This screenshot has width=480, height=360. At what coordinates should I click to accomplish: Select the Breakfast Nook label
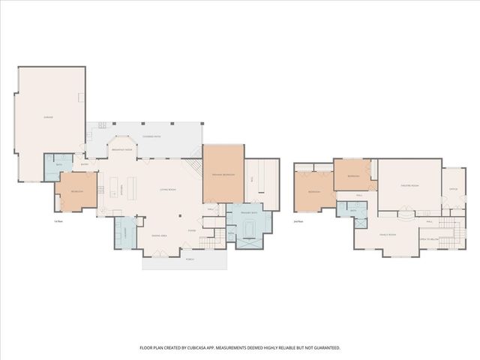pyautogui.click(x=121, y=150)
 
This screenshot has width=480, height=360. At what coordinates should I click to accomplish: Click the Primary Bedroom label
pyautogui.click(x=223, y=175)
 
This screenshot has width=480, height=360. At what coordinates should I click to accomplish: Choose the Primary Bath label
pyautogui.click(x=250, y=213)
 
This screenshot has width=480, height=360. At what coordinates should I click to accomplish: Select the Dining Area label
pyautogui.click(x=159, y=235)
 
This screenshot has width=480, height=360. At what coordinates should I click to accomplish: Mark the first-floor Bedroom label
pyautogui.click(x=76, y=192)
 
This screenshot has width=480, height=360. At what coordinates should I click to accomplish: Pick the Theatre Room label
pyautogui.click(x=409, y=184)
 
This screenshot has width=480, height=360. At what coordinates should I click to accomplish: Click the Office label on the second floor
pyautogui.click(x=453, y=189)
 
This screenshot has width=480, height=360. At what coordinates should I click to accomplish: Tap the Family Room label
pyautogui.click(x=387, y=234)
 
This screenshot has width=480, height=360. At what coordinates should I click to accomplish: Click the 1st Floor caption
pyautogui.click(x=58, y=221)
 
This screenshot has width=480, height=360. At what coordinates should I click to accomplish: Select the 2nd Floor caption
pyautogui.click(x=298, y=221)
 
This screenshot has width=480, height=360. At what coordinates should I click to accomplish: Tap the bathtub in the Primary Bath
pyautogui.click(x=250, y=241)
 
